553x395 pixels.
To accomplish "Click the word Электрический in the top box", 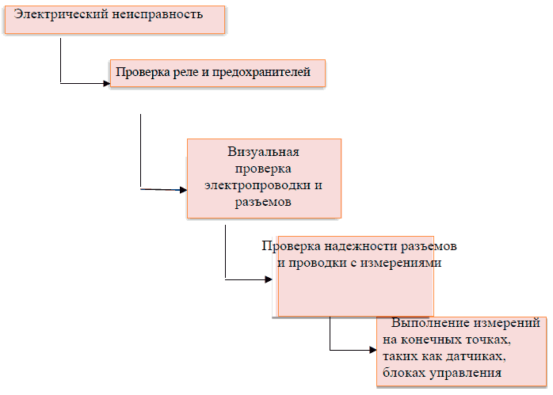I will [x=53, y=15].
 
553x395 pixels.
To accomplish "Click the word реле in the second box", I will [x=179, y=74].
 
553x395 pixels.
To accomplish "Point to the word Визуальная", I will [x=263, y=152].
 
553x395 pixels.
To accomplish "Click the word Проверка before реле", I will [x=141, y=74].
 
